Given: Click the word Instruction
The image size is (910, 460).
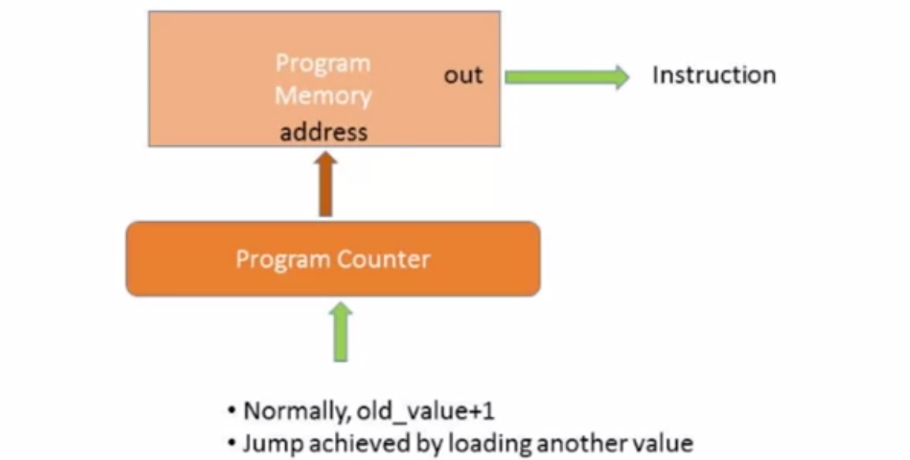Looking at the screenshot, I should [713, 76].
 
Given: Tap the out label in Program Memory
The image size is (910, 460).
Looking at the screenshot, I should [462, 76].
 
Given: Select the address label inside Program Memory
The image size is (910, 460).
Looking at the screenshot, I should [324, 131].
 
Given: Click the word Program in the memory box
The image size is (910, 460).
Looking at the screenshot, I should [322, 63].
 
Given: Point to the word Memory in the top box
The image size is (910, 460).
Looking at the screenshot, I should [322, 96].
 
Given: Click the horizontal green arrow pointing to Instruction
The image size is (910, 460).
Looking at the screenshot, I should [566, 77].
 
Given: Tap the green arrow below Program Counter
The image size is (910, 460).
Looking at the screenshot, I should [340, 332].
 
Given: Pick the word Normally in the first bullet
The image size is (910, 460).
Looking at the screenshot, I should [296, 412].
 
